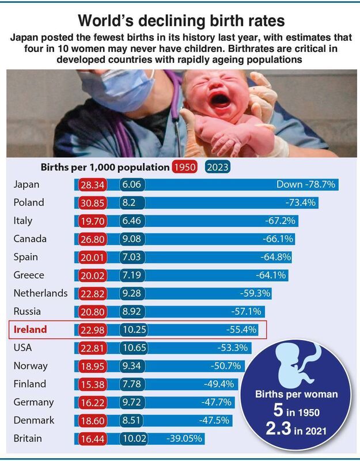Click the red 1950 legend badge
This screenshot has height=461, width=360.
pos(185,168)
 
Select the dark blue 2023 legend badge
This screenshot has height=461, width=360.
pos(218,168)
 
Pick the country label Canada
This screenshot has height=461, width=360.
pos(30,239)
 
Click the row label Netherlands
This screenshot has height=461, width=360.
pos(40,293)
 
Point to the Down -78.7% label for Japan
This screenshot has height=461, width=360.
pos(306,184)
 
